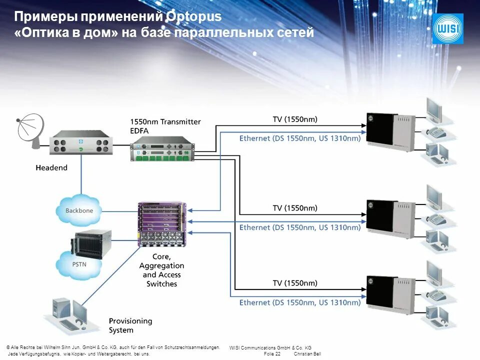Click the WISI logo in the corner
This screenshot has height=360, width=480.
pyautogui.click(x=447, y=28)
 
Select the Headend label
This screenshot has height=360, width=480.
pyautogui.click(x=51, y=168)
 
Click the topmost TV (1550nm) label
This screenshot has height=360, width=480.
pyautogui.click(x=295, y=119)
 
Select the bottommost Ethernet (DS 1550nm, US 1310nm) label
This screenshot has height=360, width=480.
pyautogui.click(x=300, y=302)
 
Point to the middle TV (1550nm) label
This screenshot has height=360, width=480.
pyautogui.click(x=295, y=208)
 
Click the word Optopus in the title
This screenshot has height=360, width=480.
pyautogui.click(x=193, y=16)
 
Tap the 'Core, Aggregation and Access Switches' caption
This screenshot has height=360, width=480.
pyautogui.click(x=161, y=270)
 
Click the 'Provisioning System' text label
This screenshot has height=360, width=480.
pyautogui.click(x=130, y=325)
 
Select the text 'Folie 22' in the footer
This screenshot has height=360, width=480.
pyautogui.click(x=271, y=353)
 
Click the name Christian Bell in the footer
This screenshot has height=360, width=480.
pyautogui.click(x=307, y=353)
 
